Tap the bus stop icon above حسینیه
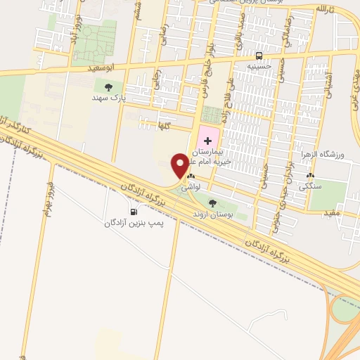(259, 56)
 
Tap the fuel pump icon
(133, 212)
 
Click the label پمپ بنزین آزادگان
(134, 223)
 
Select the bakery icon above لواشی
(191, 177)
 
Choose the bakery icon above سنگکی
(309, 176)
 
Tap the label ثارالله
(321, 8)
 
